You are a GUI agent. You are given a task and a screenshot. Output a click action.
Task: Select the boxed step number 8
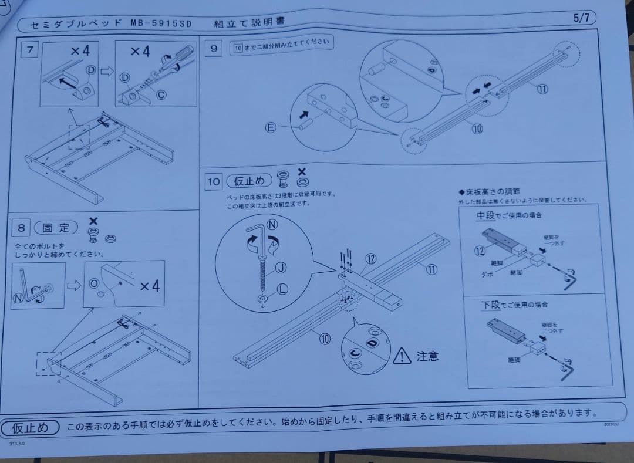click(x=21, y=227)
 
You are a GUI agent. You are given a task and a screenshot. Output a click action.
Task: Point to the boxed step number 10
click(x=213, y=183)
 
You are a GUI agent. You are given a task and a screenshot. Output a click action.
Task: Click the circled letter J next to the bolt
click(x=281, y=268)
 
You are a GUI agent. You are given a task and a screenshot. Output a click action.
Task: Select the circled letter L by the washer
click(x=282, y=289)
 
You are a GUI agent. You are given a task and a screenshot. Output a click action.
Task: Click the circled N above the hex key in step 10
click(x=272, y=225)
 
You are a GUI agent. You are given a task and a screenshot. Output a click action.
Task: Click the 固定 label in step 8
click(x=56, y=228)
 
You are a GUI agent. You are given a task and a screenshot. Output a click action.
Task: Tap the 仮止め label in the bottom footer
click(x=31, y=427)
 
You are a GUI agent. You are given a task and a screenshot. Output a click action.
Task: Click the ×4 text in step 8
click(x=150, y=286)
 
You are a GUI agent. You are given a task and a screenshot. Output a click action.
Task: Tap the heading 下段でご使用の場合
click(x=514, y=305)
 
